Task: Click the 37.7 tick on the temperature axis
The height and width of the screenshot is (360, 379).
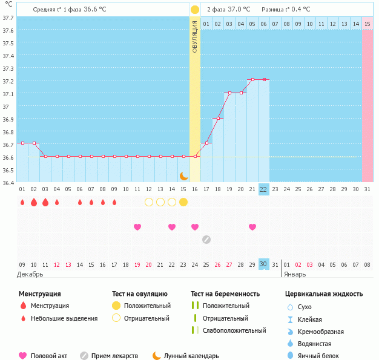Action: pos(8,18)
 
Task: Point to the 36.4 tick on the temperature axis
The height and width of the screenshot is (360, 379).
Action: pos(8,183)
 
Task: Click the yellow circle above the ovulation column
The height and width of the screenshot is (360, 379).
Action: pos(195,10)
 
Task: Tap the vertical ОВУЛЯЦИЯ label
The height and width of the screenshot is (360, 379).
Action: pos(195,36)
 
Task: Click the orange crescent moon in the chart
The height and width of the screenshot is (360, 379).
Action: pos(183,176)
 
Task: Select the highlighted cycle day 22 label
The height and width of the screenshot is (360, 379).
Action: pos(263,189)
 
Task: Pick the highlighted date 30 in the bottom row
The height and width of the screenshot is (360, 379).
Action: pos(263,264)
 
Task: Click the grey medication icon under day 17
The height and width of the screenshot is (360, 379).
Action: pos(206,239)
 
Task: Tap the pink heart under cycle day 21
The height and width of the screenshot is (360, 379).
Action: pos(252,227)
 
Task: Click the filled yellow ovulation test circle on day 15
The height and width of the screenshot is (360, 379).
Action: pos(183,201)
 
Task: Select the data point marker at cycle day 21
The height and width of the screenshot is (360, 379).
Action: pos(252,79)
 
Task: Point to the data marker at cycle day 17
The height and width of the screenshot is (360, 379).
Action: pos(206,143)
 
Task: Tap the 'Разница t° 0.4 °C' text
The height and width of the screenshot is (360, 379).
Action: pos(286,10)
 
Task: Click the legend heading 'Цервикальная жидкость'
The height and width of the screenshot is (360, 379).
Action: pos(324,294)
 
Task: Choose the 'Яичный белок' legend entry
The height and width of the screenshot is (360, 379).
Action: pos(320,356)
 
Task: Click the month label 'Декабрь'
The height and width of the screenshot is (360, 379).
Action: pos(30,273)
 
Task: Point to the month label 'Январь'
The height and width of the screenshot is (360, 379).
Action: pos(295,273)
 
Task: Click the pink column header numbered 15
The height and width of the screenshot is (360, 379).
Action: pos(367,24)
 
